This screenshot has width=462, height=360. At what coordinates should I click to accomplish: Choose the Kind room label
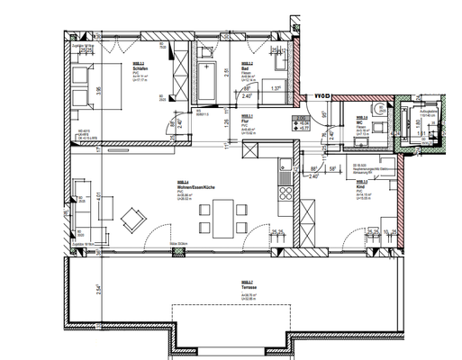[x=362, y=187]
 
